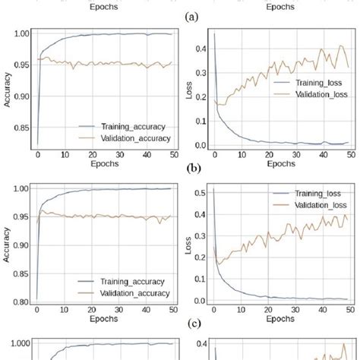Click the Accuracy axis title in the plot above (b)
6,89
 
